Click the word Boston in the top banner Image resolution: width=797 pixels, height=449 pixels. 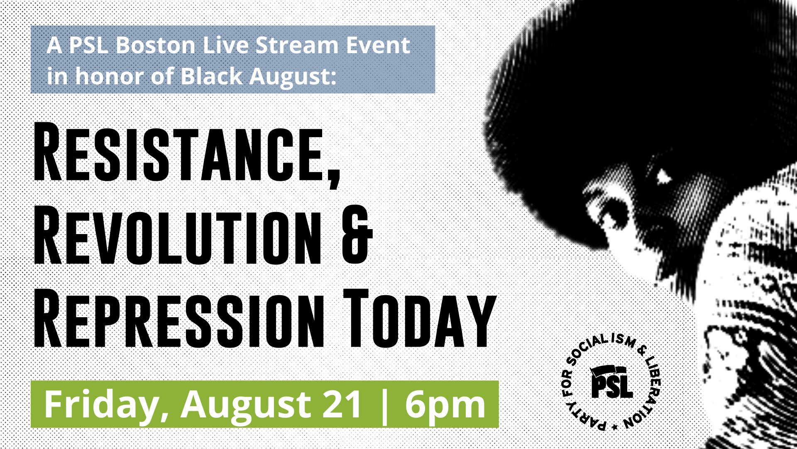[155, 45]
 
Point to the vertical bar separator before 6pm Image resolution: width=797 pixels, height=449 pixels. [384, 405]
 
